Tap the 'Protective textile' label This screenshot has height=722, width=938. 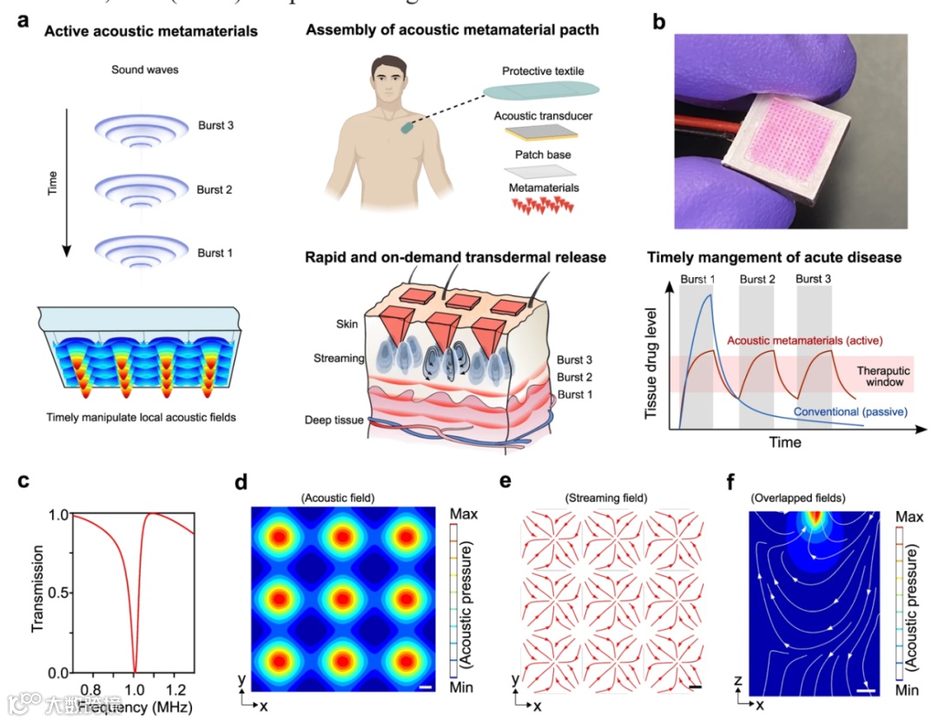point(543,70)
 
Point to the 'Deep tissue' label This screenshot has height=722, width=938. point(334,421)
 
